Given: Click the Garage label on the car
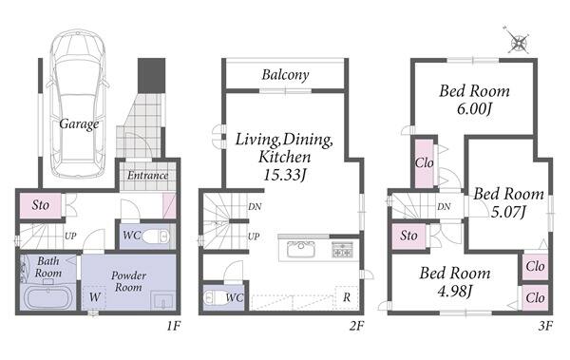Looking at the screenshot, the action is [79, 124].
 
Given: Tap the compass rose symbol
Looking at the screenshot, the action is [517, 40].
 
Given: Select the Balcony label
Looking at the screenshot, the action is [285, 75].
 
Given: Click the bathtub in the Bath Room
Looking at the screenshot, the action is [48, 297].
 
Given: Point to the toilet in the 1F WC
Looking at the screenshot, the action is [156, 237].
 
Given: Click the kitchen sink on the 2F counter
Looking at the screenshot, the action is [301, 249].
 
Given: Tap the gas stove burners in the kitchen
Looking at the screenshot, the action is [342, 250].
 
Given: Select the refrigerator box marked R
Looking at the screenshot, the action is [347, 297].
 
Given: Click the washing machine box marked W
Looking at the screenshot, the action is [94, 298].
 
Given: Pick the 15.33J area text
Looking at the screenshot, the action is [284, 176].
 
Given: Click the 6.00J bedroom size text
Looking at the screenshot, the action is [474, 108].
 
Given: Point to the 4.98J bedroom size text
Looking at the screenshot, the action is [455, 291].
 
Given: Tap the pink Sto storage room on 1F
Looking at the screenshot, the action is [40, 205].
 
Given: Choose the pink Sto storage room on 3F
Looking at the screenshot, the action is [408, 236].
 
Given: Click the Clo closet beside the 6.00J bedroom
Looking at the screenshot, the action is [424, 162].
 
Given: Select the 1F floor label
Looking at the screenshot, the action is [174, 326].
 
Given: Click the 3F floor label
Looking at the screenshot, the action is [545, 326].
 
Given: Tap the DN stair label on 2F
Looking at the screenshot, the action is [255, 207].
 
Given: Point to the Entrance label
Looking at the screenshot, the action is [147, 176].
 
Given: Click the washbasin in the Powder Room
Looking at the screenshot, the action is [162, 301].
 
